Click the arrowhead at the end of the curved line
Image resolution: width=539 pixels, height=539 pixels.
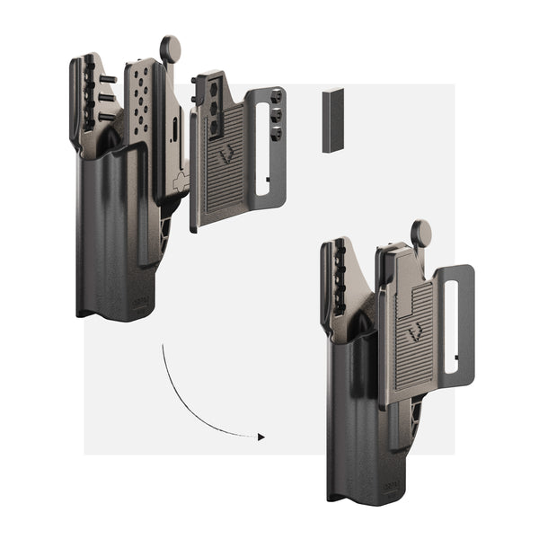[x=261, y=437]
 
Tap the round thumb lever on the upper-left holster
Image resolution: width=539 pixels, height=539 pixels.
[x=170, y=49]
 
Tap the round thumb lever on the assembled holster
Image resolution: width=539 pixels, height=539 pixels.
[x=420, y=232]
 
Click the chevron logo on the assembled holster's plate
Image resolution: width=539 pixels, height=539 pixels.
[x=414, y=333]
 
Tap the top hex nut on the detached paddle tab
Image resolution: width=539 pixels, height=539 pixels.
[x=278, y=96]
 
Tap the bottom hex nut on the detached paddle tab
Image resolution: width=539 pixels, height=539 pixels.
[x=277, y=133]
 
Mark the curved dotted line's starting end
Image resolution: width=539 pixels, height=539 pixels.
[x=163, y=343]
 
